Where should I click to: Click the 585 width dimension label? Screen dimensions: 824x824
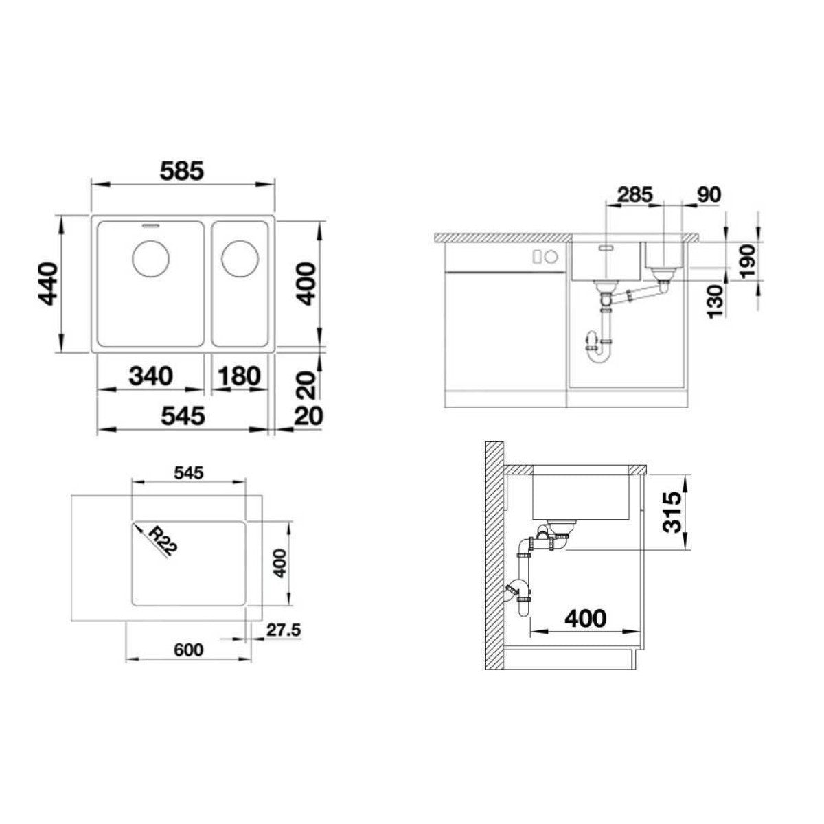tap(183, 171)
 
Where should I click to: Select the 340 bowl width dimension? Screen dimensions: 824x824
tap(151, 376)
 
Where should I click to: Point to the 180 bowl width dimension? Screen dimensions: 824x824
tap(239, 376)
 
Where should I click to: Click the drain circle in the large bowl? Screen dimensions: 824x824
tap(151, 258)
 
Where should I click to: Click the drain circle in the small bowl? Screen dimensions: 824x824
tap(240, 258)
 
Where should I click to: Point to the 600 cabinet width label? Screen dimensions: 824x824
tap(189, 650)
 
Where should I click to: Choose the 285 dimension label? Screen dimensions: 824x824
tap(635, 194)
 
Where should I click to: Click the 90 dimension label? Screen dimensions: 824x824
tap(709, 194)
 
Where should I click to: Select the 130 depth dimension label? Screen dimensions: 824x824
tap(715, 302)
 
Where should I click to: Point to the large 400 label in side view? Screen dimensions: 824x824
tap(586, 618)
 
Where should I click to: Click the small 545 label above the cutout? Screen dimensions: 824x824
tap(189, 473)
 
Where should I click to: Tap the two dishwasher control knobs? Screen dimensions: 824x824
tap(545, 257)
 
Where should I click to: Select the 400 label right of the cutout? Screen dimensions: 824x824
tap(279, 563)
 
